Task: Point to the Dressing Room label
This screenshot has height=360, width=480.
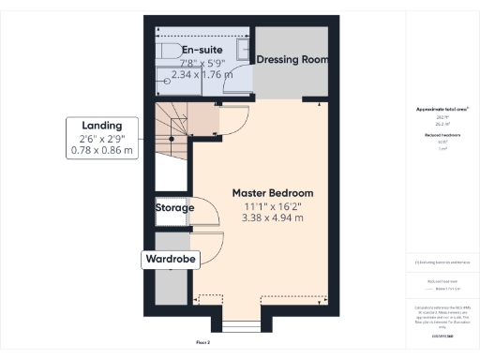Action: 292,59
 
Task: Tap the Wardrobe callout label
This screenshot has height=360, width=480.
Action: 169,259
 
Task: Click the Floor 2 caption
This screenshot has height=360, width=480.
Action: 202,343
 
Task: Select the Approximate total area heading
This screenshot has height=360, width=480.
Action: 442,110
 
